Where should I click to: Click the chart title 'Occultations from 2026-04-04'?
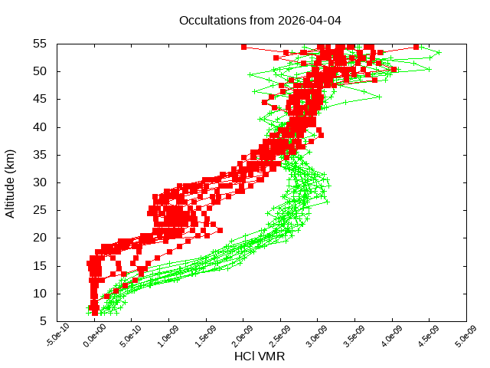(260, 20)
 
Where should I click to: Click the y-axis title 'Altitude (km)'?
(11, 182)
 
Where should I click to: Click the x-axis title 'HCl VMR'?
(260, 356)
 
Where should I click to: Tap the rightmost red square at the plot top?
(416, 47)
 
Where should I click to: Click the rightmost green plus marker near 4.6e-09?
(439, 53)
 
